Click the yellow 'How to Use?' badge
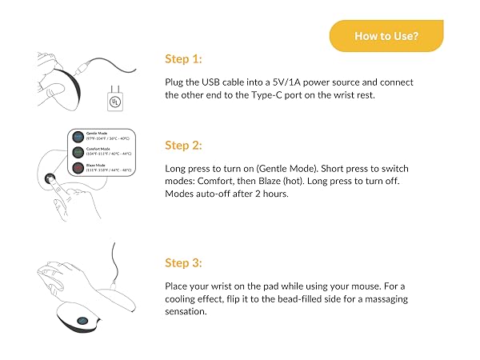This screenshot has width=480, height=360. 386,36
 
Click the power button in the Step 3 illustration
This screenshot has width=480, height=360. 82,324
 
